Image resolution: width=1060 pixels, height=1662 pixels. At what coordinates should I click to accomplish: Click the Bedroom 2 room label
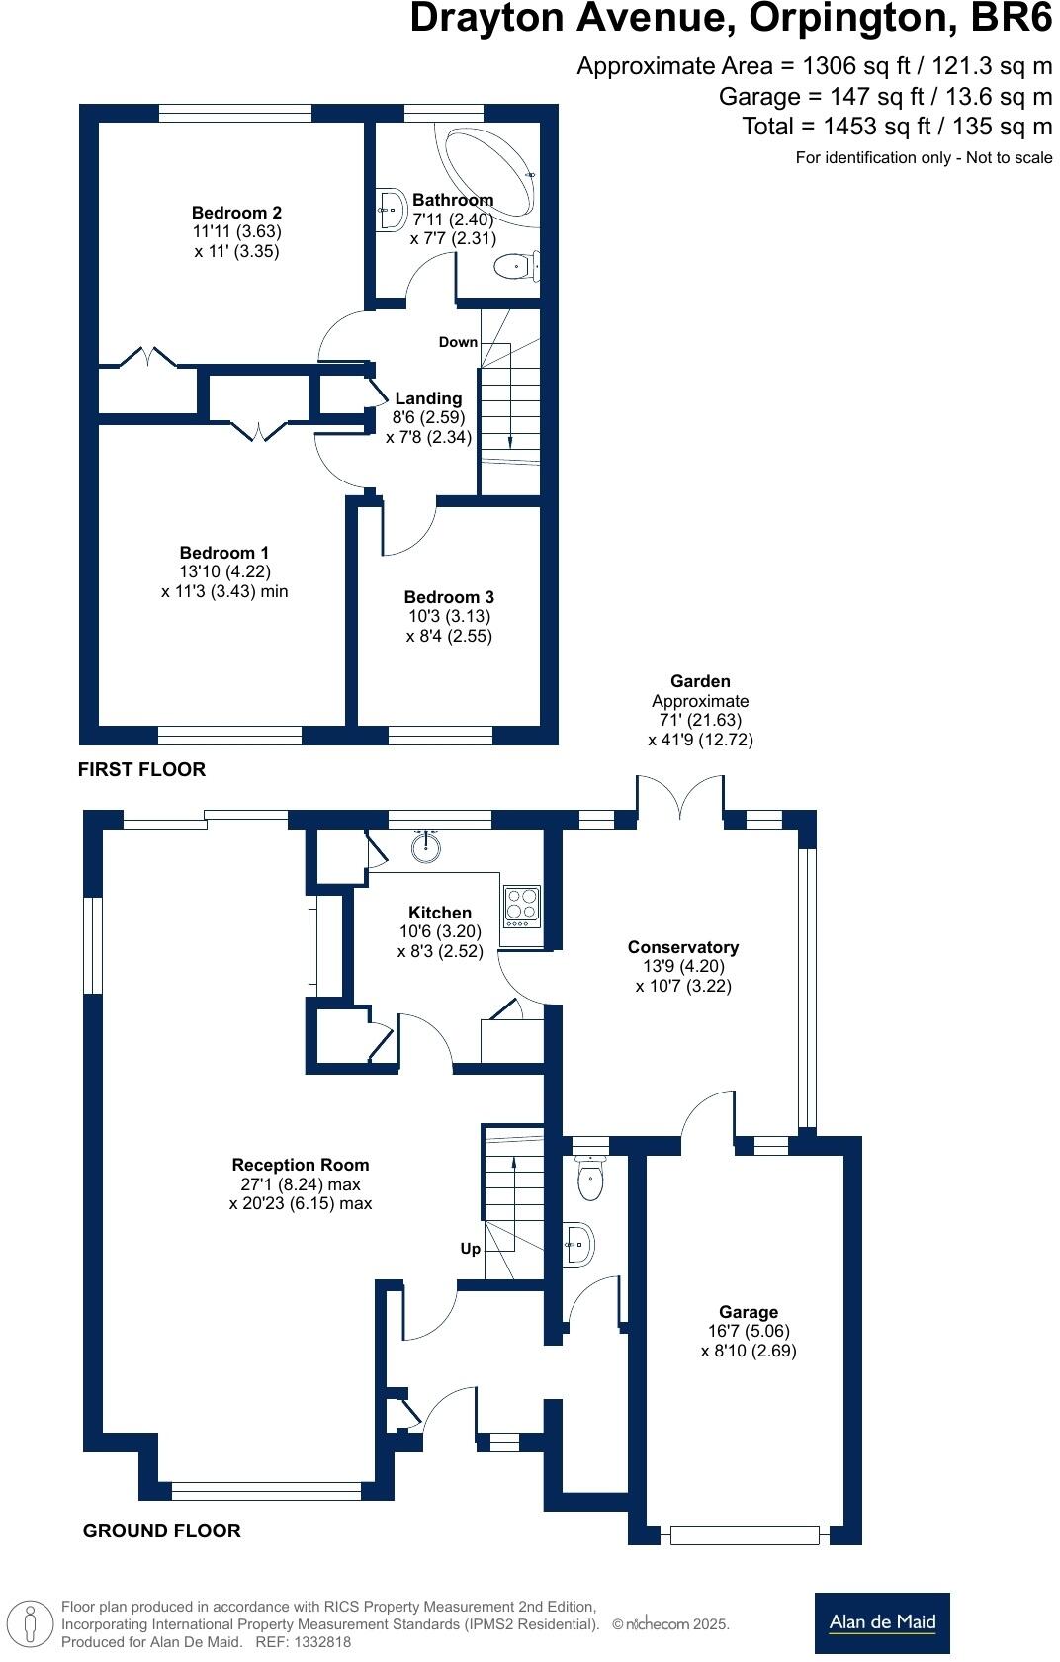(236, 213)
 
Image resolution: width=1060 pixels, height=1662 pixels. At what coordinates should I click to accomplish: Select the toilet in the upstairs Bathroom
(514, 266)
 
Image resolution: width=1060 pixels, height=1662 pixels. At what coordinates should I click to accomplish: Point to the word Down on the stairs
(458, 342)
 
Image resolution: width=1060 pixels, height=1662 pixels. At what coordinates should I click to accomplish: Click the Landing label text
(428, 398)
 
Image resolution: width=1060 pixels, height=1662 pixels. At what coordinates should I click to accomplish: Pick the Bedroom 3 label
(449, 597)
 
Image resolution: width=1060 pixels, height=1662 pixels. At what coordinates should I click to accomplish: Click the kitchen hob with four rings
(522, 906)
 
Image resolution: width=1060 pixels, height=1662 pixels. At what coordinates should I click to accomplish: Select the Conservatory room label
(683, 947)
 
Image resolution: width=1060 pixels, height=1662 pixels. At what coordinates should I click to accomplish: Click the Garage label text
(749, 1312)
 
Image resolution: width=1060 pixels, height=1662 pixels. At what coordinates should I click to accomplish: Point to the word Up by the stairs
(471, 1249)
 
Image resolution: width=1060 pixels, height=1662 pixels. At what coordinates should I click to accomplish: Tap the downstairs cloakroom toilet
(590, 1179)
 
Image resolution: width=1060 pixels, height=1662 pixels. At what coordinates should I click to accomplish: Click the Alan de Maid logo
(882, 1622)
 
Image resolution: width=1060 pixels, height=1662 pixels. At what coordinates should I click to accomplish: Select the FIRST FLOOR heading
(141, 769)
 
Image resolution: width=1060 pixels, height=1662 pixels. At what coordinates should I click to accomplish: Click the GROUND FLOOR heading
(161, 1531)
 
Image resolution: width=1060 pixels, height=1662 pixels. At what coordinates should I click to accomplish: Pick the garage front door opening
(745, 1535)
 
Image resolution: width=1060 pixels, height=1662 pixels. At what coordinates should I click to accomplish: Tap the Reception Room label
(301, 1165)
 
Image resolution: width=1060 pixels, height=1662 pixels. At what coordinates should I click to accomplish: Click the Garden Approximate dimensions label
(700, 710)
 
